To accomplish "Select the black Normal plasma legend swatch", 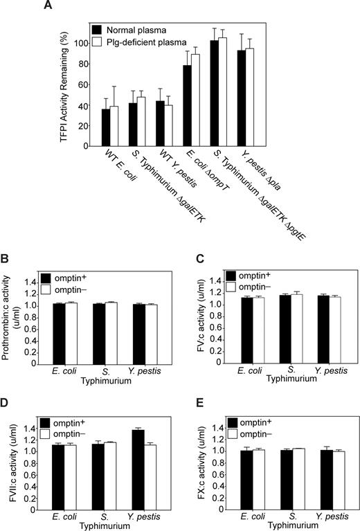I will [100, 30].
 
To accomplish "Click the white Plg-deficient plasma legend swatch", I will [100, 41].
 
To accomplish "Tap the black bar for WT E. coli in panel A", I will [106, 127].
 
